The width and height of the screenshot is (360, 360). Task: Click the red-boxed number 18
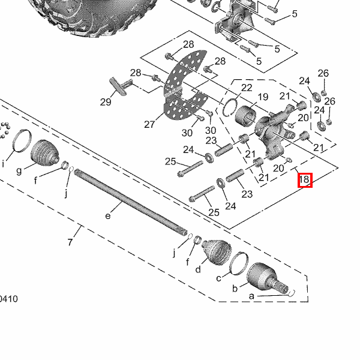point(305,179)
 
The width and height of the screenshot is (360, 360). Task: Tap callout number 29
point(106,102)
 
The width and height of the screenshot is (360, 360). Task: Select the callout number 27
point(149,124)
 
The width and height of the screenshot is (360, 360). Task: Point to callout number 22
point(247,88)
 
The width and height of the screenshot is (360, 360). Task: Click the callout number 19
point(262,97)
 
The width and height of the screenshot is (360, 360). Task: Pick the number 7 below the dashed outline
point(70,242)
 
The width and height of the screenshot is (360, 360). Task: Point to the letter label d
point(197,269)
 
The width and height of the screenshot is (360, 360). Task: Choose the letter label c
point(218,278)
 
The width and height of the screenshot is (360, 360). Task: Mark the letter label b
point(235,289)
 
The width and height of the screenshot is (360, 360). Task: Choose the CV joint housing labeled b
point(264,277)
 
